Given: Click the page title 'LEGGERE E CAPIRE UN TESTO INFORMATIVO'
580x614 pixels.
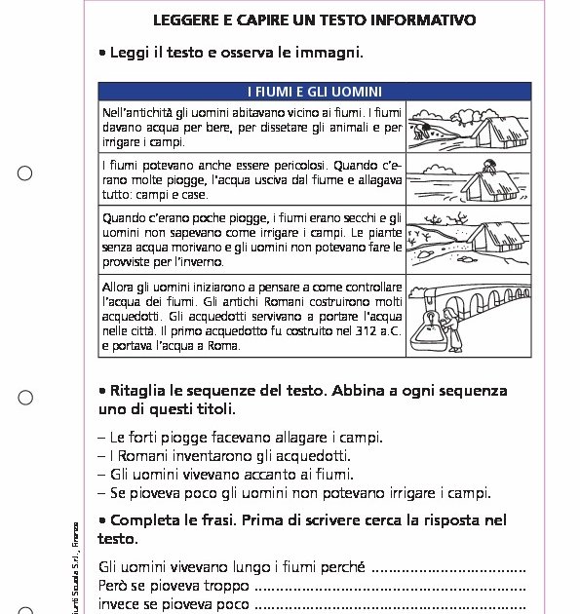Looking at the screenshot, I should point(314,19).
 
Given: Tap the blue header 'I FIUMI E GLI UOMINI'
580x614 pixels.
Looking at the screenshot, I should point(314,92).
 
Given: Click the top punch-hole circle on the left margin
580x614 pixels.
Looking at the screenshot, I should point(25,173).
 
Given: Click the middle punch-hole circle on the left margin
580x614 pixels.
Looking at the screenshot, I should point(25,398).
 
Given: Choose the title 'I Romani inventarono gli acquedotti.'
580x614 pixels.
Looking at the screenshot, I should point(224,456).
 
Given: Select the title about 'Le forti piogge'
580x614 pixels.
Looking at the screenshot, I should point(240,438).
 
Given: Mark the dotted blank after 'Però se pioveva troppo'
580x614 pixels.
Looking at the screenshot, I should point(390,587).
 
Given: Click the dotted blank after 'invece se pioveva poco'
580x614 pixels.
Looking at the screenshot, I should point(390,605).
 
